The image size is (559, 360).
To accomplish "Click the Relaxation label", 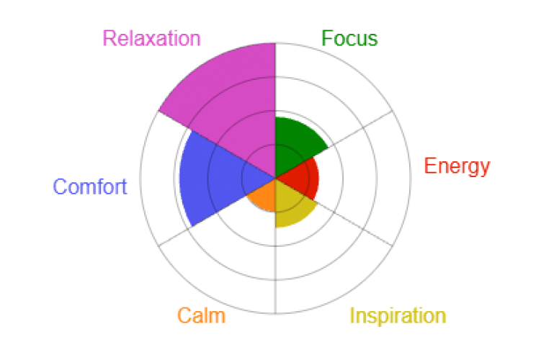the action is [x=151, y=38].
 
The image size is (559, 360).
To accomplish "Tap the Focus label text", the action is [x=349, y=38].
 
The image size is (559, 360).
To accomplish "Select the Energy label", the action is [x=457, y=167].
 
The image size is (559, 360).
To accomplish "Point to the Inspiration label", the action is [x=398, y=315].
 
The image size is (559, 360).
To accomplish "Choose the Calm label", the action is [x=202, y=315].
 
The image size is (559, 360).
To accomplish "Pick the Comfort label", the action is [x=90, y=186].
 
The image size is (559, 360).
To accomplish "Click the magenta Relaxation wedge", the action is [x=232, y=104].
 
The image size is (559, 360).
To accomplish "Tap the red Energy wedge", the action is [x=303, y=178].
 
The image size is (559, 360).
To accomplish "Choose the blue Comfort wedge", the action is [x=207, y=179].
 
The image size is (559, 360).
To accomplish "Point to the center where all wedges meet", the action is [x=276, y=178].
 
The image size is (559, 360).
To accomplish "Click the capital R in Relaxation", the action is [x=109, y=38].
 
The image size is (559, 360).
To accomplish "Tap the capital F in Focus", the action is [x=327, y=38].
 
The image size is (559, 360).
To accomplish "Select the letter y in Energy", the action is [x=484, y=169].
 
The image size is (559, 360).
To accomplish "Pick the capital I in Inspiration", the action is [x=352, y=315].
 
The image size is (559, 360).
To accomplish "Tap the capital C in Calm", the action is [x=184, y=315].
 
